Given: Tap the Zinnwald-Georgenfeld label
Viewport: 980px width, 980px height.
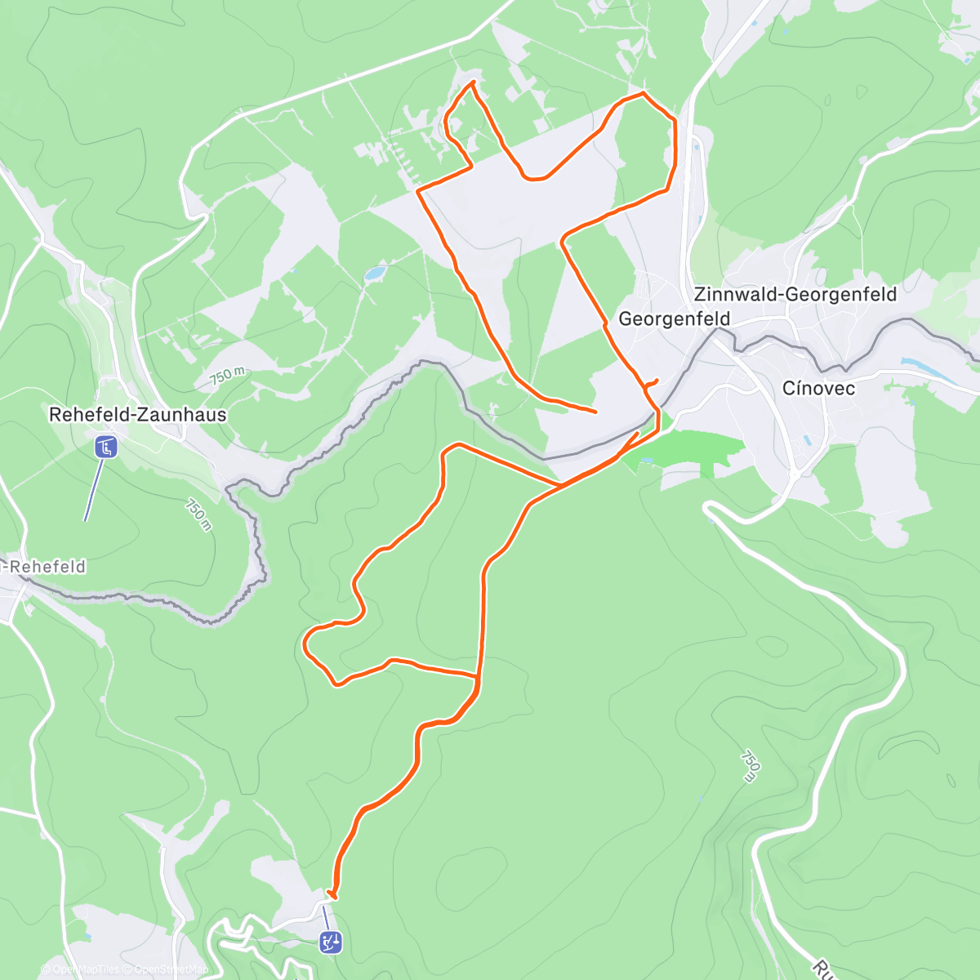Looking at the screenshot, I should coord(795,294).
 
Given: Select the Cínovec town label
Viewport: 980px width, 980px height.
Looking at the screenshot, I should coord(818,388).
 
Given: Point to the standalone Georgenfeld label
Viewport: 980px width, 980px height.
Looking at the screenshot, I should coord(674,318).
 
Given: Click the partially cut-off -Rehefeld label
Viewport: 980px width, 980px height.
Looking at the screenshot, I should coord(44,566).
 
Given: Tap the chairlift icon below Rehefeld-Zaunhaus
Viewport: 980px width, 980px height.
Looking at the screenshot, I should coord(105,447).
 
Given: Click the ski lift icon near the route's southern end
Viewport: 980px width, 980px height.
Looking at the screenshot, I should coord(331,942).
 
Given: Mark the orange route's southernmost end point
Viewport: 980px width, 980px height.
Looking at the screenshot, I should coord(330,895).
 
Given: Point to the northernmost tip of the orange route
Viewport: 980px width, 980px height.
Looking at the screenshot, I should coord(472,82).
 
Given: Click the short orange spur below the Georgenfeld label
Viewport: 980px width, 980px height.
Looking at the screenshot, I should coord(652,382).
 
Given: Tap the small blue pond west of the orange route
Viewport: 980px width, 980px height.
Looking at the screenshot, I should coord(375,273).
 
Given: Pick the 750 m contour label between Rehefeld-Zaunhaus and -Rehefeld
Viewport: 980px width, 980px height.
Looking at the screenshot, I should coord(198,515).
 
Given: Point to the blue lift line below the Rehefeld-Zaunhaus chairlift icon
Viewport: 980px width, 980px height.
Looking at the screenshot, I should coord(94,490).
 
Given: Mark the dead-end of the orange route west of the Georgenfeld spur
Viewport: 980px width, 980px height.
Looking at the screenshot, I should coord(595,411).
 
